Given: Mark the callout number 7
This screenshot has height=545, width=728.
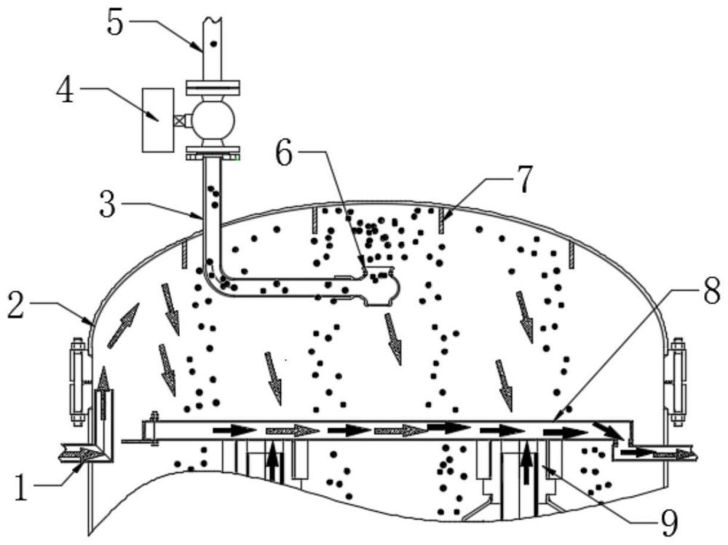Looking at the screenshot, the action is (523, 179).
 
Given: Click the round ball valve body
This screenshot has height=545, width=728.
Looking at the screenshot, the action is (213, 119).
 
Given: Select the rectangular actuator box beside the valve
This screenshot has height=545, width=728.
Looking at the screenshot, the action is (158, 120).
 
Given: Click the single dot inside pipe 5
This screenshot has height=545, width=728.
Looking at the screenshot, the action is (213, 44).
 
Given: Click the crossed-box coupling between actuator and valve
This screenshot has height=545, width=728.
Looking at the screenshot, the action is (180, 120).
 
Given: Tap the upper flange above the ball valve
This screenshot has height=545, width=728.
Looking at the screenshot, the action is (213, 87).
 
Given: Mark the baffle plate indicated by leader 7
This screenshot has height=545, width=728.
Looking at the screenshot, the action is (441, 220).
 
